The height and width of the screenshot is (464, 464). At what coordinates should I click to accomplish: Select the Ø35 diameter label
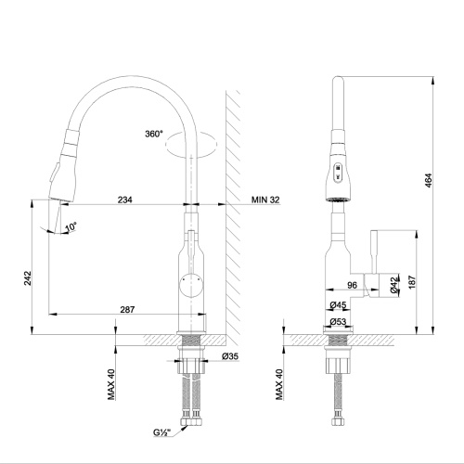(x=231, y=356)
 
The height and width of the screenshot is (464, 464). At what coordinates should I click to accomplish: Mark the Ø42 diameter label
(x=394, y=286)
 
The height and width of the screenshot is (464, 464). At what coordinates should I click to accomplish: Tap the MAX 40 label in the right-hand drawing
(x=279, y=384)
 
